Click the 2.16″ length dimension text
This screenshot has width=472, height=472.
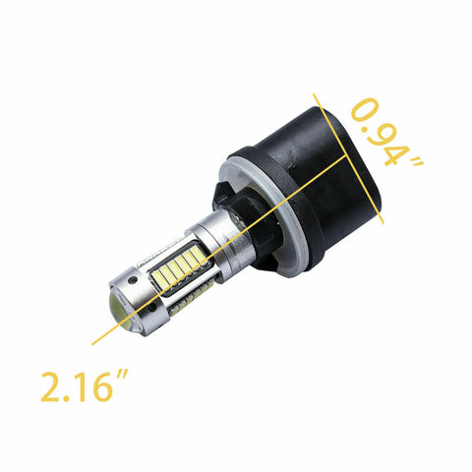click(x=85, y=385)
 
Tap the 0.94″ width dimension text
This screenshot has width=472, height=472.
click(x=386, y=132)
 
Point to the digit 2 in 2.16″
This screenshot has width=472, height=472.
click(x=51, y=387)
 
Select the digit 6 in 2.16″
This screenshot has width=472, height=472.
click(x=102, y=387)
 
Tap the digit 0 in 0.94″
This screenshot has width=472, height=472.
click(x=365, y=109)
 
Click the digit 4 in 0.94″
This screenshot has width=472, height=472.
click(x=396, y=152)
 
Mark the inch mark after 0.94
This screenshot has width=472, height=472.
click(x=418, y=161)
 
